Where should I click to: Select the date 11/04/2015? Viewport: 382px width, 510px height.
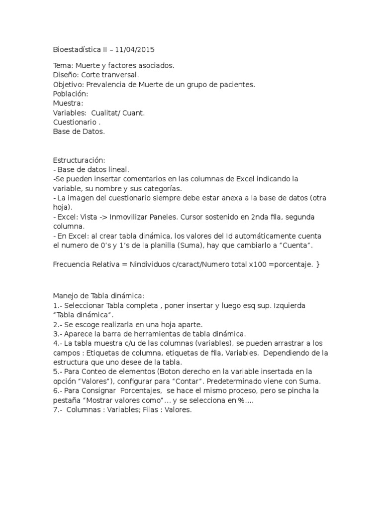(135, 50)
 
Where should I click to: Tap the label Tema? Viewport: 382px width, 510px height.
(63, 66)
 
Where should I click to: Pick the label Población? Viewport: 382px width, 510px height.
(71, 94)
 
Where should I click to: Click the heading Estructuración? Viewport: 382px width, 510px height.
(79, 160)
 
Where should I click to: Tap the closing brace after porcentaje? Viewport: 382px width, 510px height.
(317, 264)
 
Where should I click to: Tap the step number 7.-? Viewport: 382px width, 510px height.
(57, 410)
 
